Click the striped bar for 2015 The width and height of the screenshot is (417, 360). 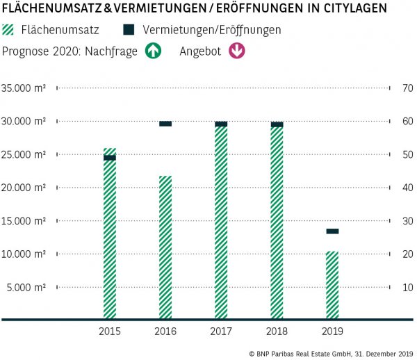coord(110,236)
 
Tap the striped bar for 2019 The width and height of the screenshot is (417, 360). coord(332,285)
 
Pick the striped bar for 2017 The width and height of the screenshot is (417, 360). coord(221,222)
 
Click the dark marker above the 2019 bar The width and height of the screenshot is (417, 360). coord(332,231)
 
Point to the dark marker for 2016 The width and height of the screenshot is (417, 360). coord(165,124)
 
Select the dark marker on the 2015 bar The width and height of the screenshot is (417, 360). coord(110,158)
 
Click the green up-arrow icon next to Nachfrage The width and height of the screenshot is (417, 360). coord(152,51)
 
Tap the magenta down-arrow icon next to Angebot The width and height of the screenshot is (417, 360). coord(237,51)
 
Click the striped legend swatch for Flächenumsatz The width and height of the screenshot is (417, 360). coord(10,31)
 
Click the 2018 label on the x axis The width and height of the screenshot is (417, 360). coord(277,331)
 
